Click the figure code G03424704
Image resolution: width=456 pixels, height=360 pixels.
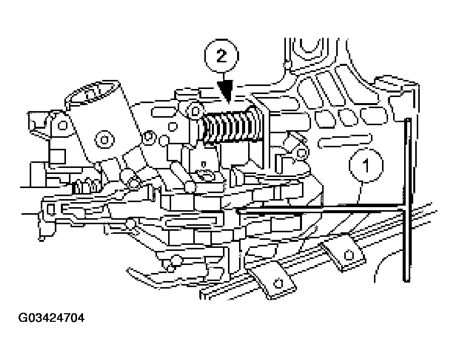pos(51,318)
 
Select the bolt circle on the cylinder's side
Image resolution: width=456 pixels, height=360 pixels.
pos(104,137)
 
